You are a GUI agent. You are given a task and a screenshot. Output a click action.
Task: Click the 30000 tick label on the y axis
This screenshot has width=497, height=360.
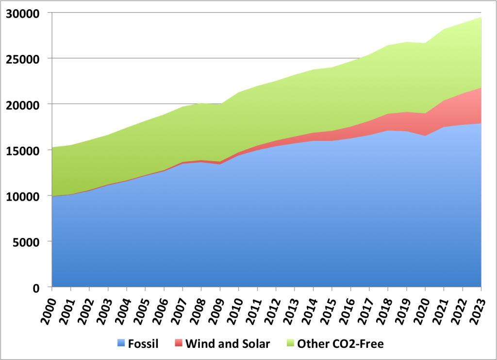click(22, 13)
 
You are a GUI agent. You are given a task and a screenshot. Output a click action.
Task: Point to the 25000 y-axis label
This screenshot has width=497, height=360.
click(22, 59)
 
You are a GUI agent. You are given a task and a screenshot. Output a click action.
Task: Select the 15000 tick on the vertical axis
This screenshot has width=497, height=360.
click(22, 150)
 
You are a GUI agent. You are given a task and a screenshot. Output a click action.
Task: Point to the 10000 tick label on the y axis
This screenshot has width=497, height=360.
click(22, 196)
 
